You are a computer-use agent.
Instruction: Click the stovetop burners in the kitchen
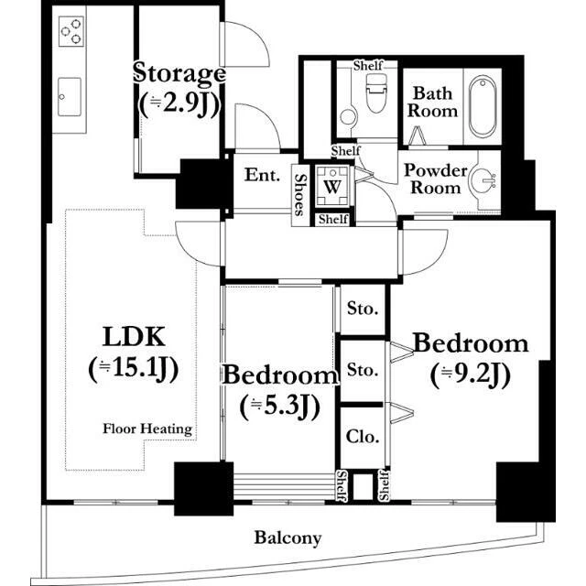pyautogui.click(x=71, y=31)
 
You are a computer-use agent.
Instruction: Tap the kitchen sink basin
pyautogui.click(x=70, y=97)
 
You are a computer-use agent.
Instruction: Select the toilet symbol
pyautogui.click(x=376, y=93)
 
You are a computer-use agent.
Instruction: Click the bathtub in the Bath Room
pyautogui.click(x=483, y=106)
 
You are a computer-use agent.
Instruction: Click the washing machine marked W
pyautogui.click(x=332, y=186)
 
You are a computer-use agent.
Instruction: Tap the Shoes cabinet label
pyautogui.click(x=300, y=195)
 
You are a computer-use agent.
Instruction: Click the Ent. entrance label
pyautogui.click(x=262, y=175)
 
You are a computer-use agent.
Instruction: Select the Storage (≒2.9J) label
pyautogui.click(x=179, y=90)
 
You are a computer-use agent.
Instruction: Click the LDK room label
pyautogui.click(x=134, y=337)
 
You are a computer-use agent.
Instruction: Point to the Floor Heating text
pyautogui.click(x=147, y=429)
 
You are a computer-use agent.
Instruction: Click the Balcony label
pyautogui.click(x=288, y=538)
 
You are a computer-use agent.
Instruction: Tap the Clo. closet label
pyautogui.click(x=363, y=436)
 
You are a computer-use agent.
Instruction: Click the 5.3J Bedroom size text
pyautogui.click(x=279, y=407)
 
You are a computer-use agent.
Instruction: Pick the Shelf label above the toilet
pyautogui.click(x=368, y=66)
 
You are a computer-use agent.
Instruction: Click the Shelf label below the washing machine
pyautogui.click(x=333, y=219)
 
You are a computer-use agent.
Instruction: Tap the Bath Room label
pyautogui.click(x=432, y=102)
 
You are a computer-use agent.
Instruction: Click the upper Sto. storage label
pyautogui.click(x=363, y=309)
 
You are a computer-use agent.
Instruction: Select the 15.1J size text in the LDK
pyautogui.click(x=134, y=368)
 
